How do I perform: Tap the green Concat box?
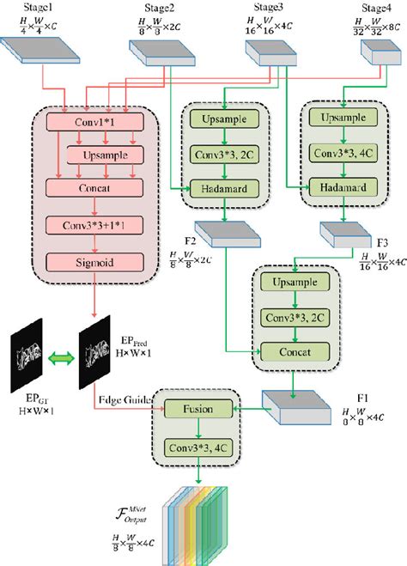293,351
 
